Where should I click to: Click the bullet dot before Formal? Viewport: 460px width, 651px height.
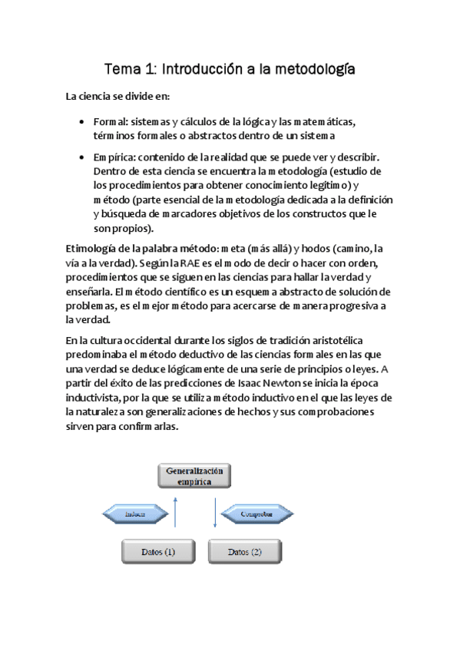83,122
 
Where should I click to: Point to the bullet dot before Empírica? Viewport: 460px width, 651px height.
83,157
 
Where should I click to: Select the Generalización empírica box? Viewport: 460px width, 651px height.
195,476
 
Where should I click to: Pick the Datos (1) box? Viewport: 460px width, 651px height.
158,552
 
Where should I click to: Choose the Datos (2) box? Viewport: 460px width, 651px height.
245,552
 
